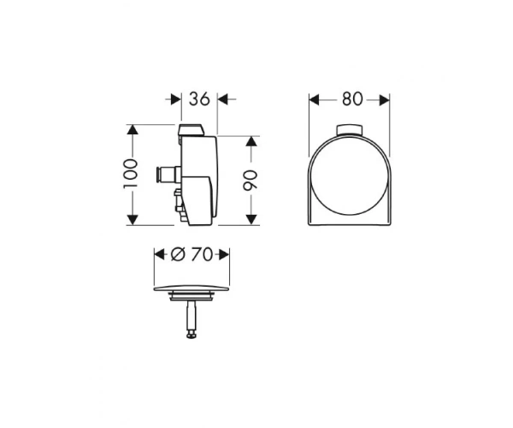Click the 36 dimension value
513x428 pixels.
click(x=199, y=98)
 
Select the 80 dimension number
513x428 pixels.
click(x=352, y=99)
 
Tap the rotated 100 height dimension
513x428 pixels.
click(x=130, y=174)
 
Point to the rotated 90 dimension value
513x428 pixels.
click(x=251, y=180)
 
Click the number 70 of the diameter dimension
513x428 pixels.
click(x=202, y=254)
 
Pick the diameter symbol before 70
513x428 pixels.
click(x=179, y=254)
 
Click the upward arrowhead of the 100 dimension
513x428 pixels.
click(x=132, y=129)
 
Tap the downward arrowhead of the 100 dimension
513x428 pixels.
click(x=132, y=220)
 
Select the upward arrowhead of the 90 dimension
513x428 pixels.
click(x=251, y=141)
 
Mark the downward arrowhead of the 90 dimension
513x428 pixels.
click(x=251, y=220)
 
